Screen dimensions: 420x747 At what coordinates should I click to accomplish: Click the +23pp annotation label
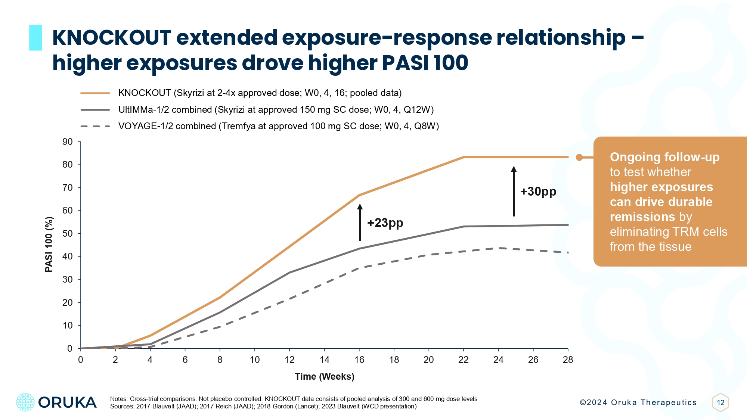click(x=385, y=223)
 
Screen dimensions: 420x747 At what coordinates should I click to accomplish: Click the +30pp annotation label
click(x=538, y=192)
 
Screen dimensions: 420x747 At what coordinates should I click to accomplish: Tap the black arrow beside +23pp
click(x=360, y=223)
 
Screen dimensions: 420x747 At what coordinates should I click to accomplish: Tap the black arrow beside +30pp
click(x=514, y=191)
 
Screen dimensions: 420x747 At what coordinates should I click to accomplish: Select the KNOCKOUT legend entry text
click(x=260, y=93)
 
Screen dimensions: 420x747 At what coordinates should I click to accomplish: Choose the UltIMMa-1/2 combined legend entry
click(x=276, y=110)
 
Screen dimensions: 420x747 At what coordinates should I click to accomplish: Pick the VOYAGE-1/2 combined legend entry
click(x=278, y=126)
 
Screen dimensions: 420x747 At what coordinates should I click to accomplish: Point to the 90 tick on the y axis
click(x=68, y=142)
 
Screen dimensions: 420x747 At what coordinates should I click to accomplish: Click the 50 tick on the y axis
click(x=68, y=234)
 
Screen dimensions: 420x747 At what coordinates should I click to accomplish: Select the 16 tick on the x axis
click(x=359, y=360)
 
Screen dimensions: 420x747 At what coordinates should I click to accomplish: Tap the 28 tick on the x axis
click(x=568, y=360)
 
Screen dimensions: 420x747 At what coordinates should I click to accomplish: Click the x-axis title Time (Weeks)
click(x=324, y=376)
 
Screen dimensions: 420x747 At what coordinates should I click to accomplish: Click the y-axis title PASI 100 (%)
click(x=49, y=245)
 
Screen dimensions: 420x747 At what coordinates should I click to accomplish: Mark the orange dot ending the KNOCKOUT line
click(x=579, y=158)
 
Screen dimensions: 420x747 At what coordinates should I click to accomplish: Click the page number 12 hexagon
click(x=720, y=402)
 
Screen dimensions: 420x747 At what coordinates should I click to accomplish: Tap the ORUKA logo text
click(x=67, y=402)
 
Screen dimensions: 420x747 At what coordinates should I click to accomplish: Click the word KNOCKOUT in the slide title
click(x=112, y=38)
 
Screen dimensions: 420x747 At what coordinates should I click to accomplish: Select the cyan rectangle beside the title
click(x=35, y=38)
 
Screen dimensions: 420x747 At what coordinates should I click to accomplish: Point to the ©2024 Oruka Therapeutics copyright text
click(x=638, y=402)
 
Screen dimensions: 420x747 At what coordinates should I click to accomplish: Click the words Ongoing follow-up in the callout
click(x=664, y=157)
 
